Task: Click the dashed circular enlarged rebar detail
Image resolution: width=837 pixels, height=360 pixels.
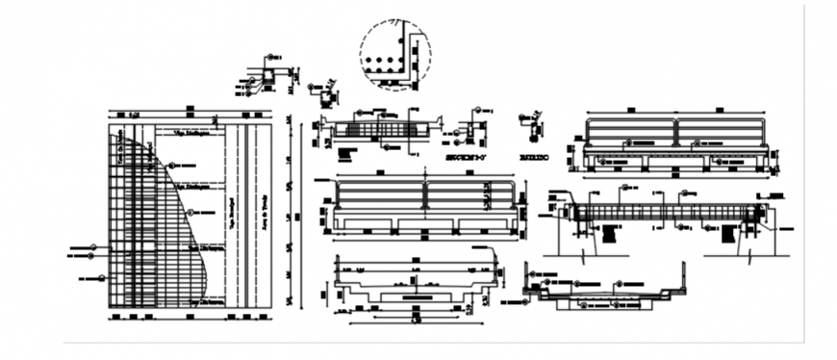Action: pos(395,54)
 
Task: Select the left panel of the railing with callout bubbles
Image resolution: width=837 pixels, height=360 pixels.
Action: pos(630,132)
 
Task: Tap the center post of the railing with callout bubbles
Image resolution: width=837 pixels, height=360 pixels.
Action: pos(675,132)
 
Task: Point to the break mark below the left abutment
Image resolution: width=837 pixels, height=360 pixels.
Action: pos(584,256)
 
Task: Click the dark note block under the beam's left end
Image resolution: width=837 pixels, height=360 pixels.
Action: pos(612,232)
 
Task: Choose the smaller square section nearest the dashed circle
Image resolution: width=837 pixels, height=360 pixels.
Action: pos(328,98)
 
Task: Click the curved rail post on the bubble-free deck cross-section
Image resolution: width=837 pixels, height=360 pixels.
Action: pos(496,264)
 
